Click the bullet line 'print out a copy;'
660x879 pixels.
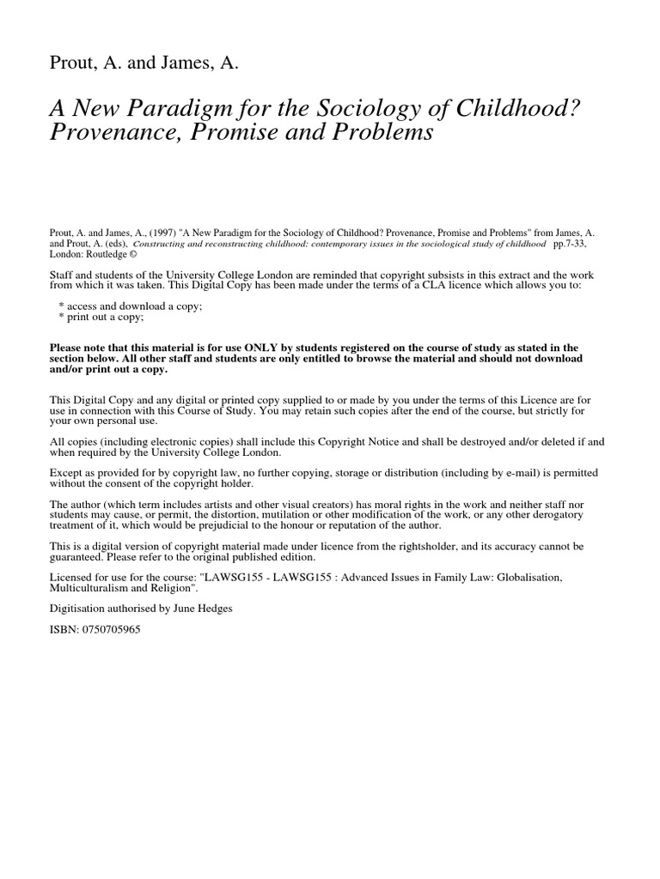tap(103, 317)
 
